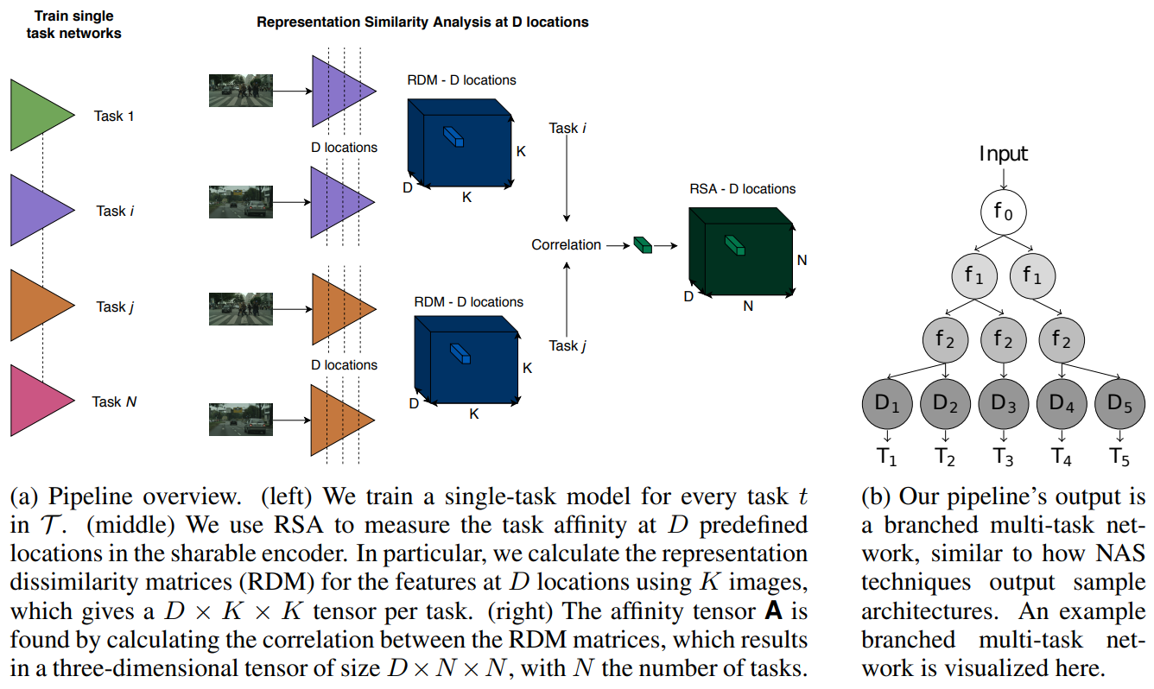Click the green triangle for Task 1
click(x=39, y=115)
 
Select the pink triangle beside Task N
click(x=39, y=401)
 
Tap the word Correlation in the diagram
click(x=566, y=245)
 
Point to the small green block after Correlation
click(x=643, y=245)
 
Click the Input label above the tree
click(x=1004, y=155)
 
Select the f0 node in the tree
click(x=1004, y=212)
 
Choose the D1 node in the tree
click(x=888, y=403)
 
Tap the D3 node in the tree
click(x=1004, y=403)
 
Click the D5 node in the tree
click(x=1119, y=403)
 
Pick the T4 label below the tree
click(x=1062, y=457)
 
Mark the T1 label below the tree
click(x=888, y=457)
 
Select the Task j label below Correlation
click(x=567, y=346)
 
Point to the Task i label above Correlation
click(x=567, y=128)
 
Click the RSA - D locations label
click(x=742, y=189)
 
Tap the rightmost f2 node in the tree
click(x=1062, y=339)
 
